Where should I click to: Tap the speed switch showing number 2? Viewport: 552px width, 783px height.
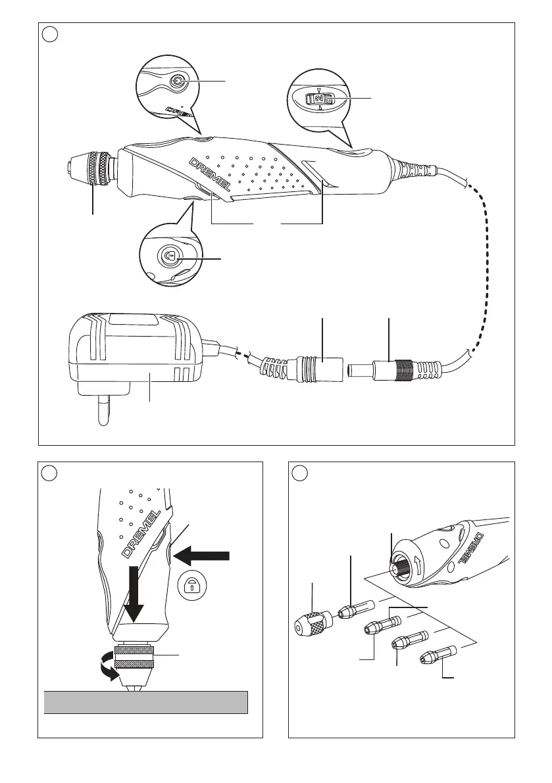pyautogui.click(x=318, y=99)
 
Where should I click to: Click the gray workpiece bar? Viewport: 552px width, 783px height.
pyautogui.click(x=145, y=702)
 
